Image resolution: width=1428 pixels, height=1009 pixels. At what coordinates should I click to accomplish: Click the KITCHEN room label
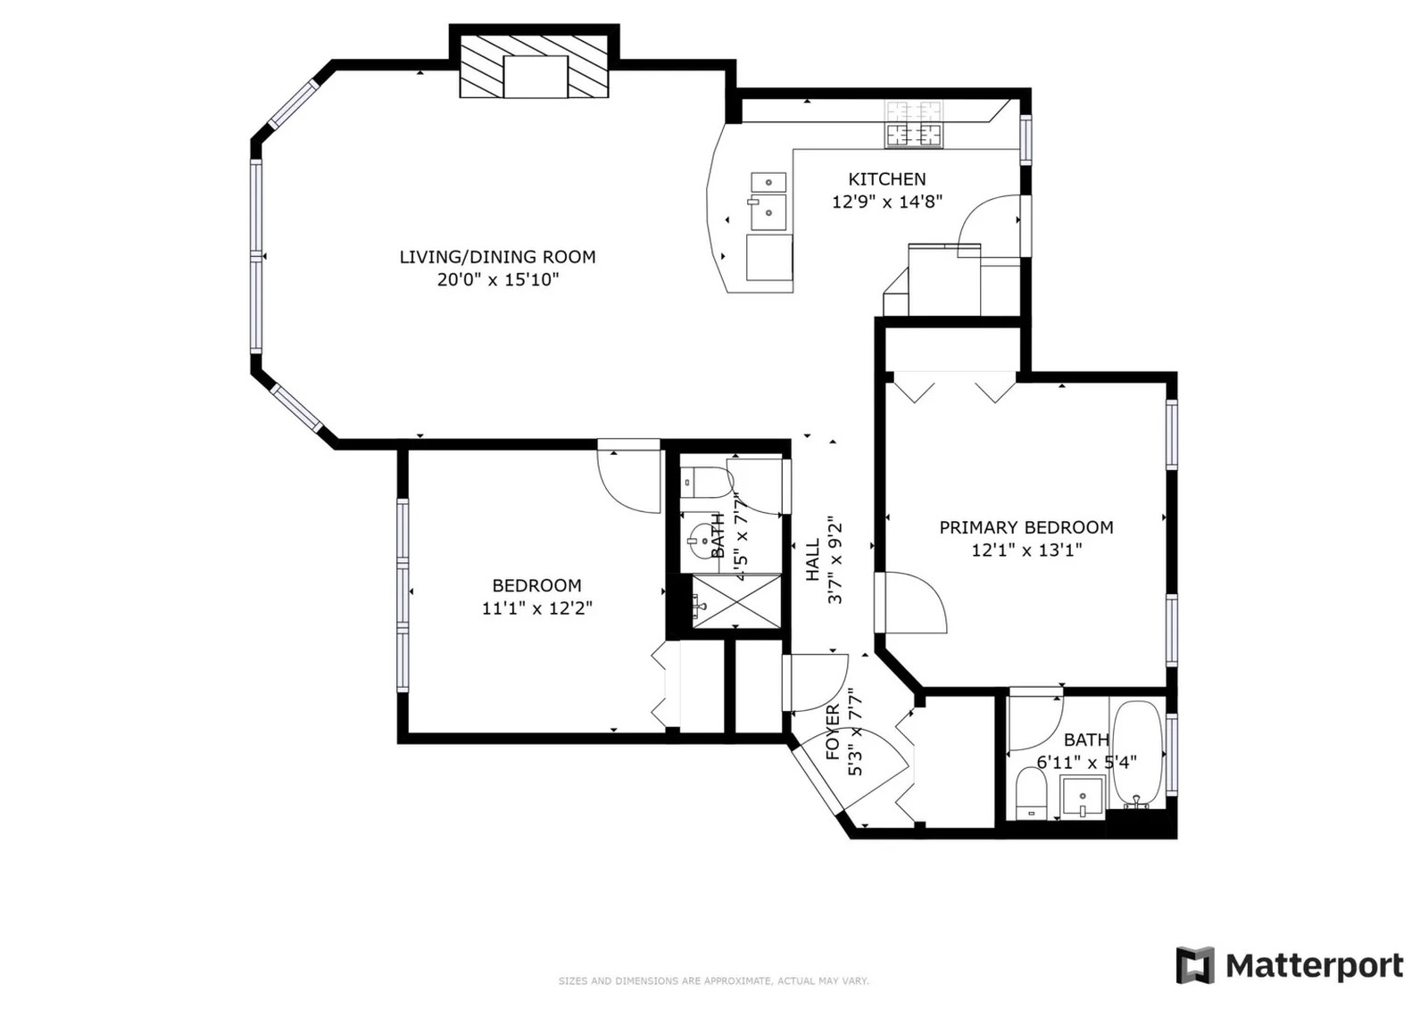click(886, 179)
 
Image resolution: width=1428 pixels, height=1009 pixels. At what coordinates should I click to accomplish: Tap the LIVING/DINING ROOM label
click(497, 257)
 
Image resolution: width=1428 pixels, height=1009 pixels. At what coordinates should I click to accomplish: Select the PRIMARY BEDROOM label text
click(1026, 527)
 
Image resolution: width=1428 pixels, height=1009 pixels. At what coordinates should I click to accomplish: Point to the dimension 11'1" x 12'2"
click(536, 608)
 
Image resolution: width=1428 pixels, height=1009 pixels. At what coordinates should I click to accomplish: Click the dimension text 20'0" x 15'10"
click(497, 279)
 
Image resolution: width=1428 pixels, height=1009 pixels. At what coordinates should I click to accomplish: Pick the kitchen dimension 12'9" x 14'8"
click(887, 202)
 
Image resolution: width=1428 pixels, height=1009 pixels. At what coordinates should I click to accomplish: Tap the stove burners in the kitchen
click(913, 124)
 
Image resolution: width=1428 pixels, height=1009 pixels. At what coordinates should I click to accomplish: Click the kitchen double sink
click(768, 201)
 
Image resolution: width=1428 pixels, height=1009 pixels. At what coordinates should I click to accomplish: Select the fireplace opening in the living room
click(535, 77)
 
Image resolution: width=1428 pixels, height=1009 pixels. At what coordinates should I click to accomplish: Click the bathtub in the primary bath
click(1139, 755)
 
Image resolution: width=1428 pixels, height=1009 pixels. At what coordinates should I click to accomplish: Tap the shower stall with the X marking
click(735, 601)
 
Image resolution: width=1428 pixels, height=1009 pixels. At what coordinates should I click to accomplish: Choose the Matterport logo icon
click(1195, 965)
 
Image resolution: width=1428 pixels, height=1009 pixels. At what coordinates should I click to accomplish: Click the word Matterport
click(1315, 966)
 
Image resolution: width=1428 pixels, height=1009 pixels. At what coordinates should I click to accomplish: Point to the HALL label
click(813, 559)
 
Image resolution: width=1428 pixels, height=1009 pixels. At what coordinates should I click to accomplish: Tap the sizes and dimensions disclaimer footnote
click(714, 981)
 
